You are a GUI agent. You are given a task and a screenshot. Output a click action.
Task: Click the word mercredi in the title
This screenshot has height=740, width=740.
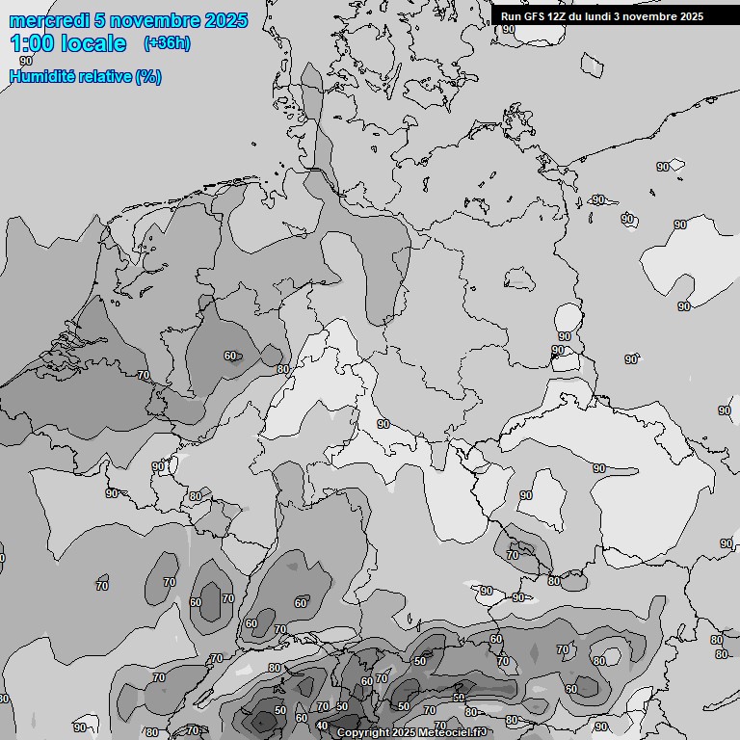point(49,20)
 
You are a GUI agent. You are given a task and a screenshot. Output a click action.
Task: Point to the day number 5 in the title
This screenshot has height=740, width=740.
point(100,20)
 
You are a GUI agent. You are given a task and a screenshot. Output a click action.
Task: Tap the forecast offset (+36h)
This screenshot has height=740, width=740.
point(167,42)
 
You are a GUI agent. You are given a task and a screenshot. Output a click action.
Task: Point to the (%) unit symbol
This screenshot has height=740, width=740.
point(148,77)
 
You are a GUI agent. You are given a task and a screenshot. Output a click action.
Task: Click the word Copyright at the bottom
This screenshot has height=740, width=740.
point(363,733)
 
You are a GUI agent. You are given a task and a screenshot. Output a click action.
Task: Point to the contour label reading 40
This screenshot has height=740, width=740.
point(322,726)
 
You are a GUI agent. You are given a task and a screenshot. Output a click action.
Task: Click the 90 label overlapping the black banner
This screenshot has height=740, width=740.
point(509,29)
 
